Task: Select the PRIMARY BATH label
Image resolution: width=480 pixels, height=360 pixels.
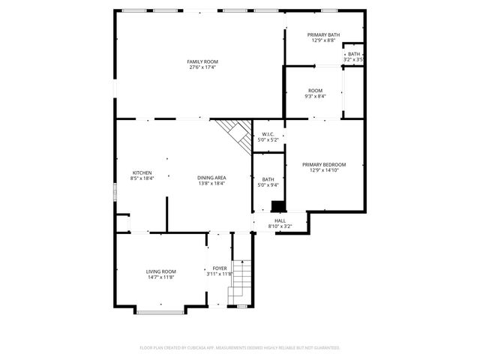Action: point(323,35)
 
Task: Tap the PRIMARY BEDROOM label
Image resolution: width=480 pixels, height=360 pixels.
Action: point(324,164)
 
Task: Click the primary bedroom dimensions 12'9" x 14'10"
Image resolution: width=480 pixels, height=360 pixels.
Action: point(324,170)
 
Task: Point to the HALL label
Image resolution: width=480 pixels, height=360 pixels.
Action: point(280,221)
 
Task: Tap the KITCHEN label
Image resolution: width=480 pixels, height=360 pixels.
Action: point(142,172)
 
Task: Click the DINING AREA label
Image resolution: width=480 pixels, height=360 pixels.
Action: point(212,178)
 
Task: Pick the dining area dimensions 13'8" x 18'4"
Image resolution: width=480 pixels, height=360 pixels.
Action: point(212,184)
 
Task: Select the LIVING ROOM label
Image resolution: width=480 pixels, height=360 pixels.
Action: point(160,271)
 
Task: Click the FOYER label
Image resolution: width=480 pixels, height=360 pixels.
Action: point(220,268)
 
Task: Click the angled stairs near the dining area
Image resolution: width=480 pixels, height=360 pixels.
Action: point(234,135)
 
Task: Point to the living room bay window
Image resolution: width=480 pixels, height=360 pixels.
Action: point(160,310)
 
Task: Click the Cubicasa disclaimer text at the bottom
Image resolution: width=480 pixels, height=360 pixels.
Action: point(240,348)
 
